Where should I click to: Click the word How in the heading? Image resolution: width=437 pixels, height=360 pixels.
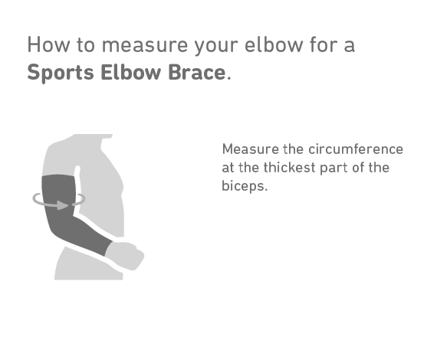48,44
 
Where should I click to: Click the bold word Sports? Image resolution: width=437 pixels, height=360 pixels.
61,73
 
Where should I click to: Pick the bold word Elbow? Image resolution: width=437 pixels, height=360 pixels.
131,73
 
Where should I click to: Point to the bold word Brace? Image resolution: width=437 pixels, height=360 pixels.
197,73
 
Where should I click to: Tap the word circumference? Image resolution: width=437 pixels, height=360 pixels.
356,149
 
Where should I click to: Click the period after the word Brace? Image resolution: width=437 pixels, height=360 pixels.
229,79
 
